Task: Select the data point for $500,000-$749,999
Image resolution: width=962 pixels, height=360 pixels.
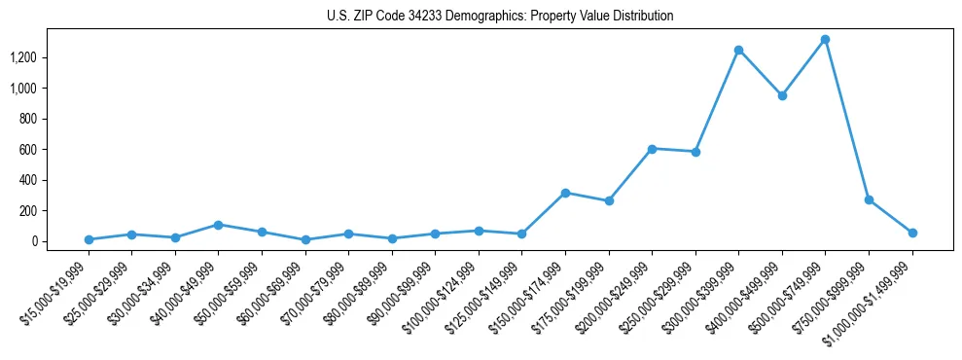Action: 825,40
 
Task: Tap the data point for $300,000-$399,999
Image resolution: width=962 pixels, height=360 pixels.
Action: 738,50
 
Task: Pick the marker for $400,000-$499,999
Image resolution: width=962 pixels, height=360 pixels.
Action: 782,95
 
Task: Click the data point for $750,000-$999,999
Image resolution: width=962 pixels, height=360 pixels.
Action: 869,199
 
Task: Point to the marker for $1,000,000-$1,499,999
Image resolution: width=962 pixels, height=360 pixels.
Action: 912,233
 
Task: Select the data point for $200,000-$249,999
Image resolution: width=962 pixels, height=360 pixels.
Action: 652,149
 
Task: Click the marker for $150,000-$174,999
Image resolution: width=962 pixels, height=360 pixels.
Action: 565,193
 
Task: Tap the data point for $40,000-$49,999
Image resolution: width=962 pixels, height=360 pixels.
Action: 218,225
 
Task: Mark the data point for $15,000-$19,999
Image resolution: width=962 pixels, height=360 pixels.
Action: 89,239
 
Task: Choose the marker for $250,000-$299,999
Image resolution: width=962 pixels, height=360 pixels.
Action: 695,152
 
